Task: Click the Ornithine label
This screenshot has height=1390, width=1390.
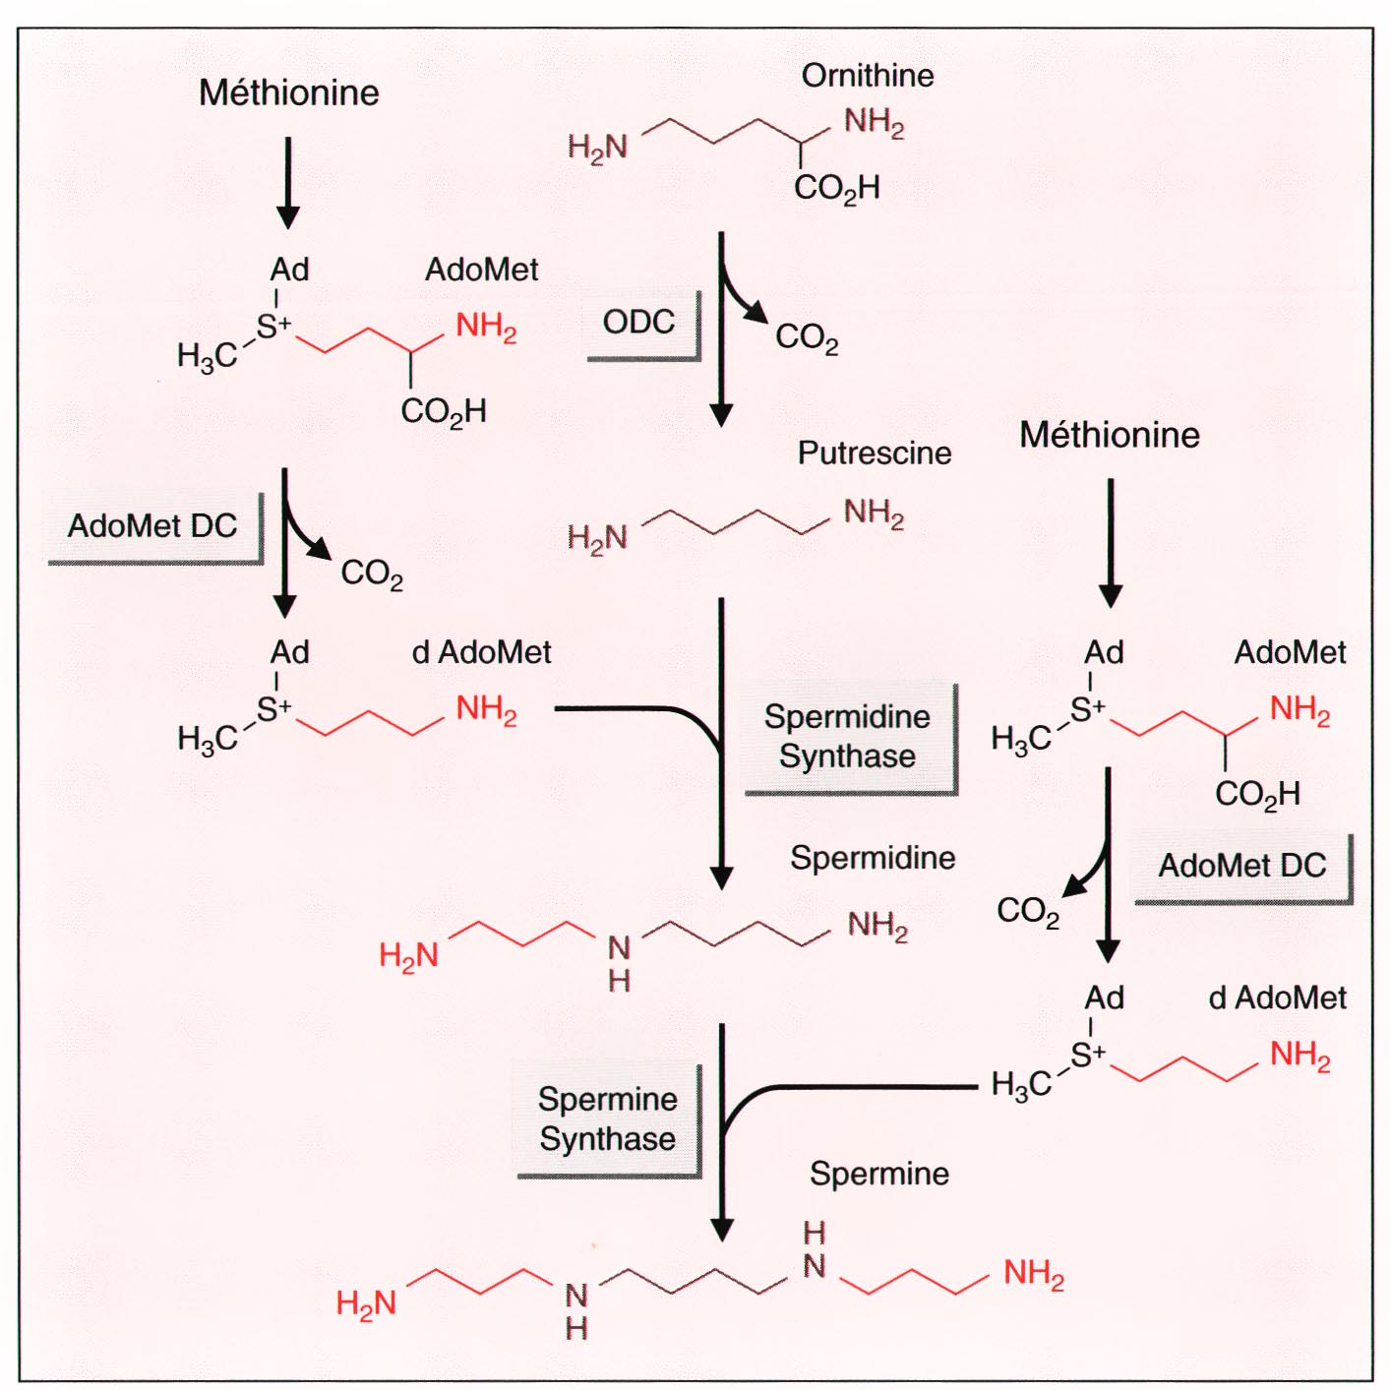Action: pyautogui.click(x=867, y=76)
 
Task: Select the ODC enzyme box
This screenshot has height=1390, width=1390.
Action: pyautogui.click(x=639, y=323)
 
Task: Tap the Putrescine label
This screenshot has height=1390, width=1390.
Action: pyautogui.click(x=874, y=453)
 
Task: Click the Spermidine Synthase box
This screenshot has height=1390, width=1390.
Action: pyautogui.click(x=847, y=736)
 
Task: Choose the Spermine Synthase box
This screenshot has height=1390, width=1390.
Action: pyautogui.click(x=607, y=1118)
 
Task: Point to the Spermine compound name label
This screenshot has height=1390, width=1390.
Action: pyautogui.click(x=878, y=1173)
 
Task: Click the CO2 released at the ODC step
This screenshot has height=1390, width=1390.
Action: pyautogui.click(x=806, y=337)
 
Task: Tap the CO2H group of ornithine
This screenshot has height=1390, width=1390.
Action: pyautogui.click(x=836, y=187)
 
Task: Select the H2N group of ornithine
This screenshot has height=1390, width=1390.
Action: pyautogui.click(x=597, y=148)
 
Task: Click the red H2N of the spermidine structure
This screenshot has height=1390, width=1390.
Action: pyautogui.click(x=408, y=954)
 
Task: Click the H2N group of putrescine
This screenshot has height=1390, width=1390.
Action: pyautogui.click(x=597, y=537)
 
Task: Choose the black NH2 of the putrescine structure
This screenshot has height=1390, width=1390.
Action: pyautogui.click(x=874, y=513)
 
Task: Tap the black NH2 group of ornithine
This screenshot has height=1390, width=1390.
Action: pyautogui.click(x=874, y=122)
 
